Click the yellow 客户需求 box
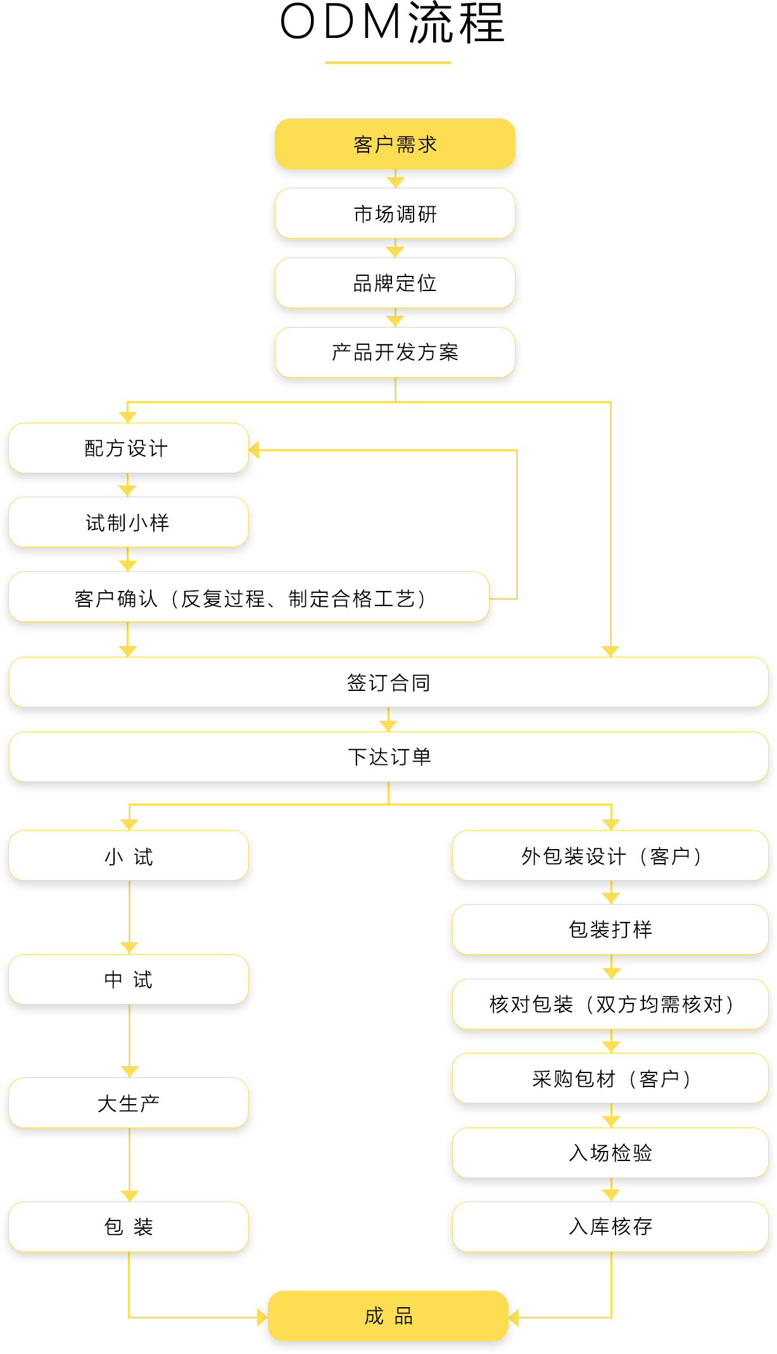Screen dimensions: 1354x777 [x=395, y=144]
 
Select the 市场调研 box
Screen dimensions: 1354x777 [x=395, y=213]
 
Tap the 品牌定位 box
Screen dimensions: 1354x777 [x=395, y=283]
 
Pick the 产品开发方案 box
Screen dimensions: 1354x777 [x=395, y=352]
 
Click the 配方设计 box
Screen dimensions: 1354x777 [x=128, y=448]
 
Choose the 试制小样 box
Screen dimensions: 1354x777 [x=128, y=522]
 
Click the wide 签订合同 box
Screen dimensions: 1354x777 [x=388, y=682]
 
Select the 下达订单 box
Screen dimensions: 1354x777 [x=388, y=757]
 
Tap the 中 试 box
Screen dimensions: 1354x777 [x=128, y=979]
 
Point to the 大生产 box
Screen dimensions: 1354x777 [x=128, y=1103]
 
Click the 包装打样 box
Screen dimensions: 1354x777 [x=610, y=929]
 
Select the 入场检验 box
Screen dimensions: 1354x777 [x=610, y=1153]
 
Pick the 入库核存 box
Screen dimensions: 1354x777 [x=610, y=1227]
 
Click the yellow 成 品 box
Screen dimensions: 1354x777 [x=388, y=1316]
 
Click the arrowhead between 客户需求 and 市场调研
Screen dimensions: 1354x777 [x=395, y=182]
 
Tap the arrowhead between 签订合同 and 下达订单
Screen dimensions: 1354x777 [x=388, y=726]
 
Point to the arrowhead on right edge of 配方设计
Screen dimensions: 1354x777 [x=254, y=449]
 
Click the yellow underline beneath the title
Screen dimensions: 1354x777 [x=388, y=62]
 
